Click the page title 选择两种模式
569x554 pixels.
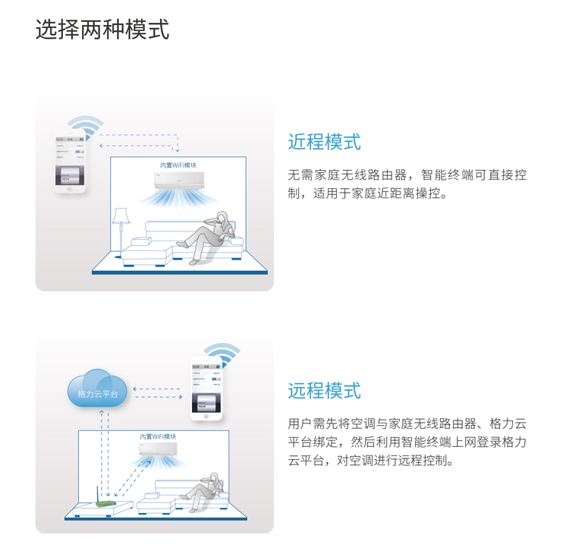(x=102, y=30)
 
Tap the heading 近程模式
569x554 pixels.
(x=324, y=142)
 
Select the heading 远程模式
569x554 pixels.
(x=324, y=391)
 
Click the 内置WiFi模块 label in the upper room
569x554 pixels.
(x=178, y=165)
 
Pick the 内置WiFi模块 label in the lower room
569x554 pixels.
(x=158, y=436)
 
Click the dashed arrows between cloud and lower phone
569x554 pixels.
(x=158, y=393)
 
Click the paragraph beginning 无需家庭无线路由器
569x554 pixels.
(x=407, y=184)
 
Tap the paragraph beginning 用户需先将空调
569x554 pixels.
(x=407, y=442)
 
